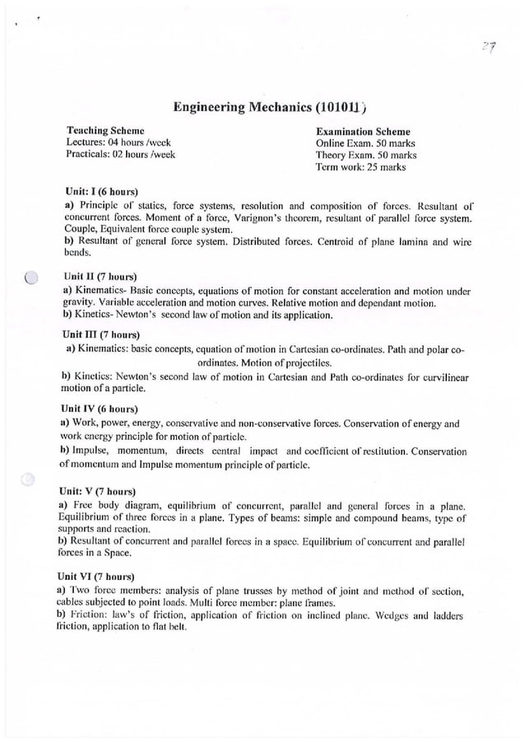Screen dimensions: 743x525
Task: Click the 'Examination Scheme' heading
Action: (x=363, y=131)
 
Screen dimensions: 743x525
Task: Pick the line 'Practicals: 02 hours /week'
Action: (x=120, y=154)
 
